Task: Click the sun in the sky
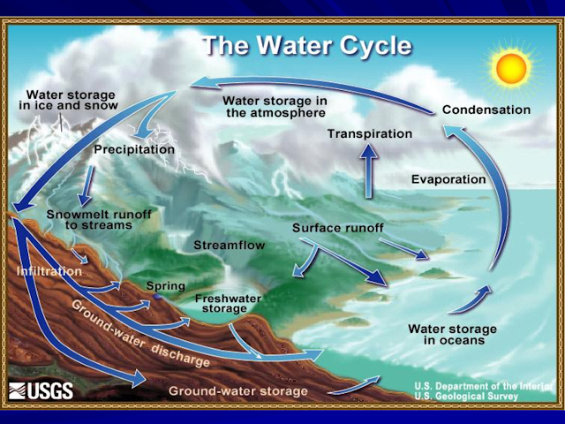tap(514, 69)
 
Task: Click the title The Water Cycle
tap(307, 46)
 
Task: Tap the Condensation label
tap(486, 110)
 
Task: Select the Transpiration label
tap(370, 133)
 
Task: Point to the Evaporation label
tap(448, 179)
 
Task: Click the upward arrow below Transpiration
tap(368, 170)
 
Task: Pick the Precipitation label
tap(134, 149)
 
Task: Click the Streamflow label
tap(230, 246)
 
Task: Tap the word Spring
tap(165, 286)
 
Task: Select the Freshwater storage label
tap(228, 303)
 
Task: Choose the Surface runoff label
tap(337, 228)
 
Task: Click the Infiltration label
tap(49, 271)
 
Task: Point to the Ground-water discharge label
tap(140, 334)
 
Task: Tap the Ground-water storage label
tap(237, 391)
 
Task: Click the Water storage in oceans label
tap(452, 335)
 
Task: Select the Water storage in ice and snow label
tap(69, 100)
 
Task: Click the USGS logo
tap(41, 390)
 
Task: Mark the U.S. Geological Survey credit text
tap(466, 397)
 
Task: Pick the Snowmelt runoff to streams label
tap(99, 220)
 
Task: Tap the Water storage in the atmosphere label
tap(275, 107)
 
